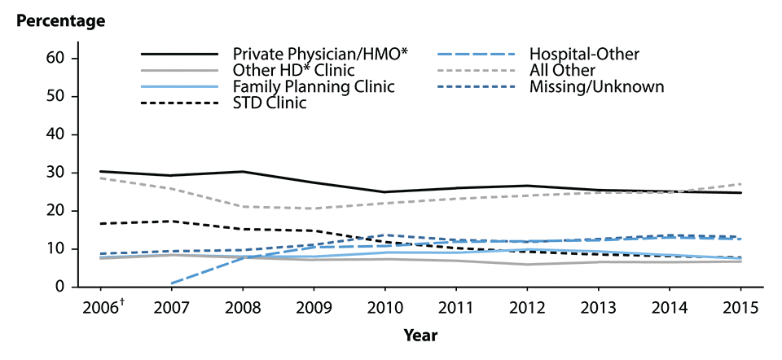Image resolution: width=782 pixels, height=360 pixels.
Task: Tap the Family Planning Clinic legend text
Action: pyautogui.click(x=313, y=86)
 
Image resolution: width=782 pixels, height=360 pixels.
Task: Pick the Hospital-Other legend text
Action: pyautogui.click(x=584, y=55)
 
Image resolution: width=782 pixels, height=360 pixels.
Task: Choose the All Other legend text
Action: pyautogui.click(x=561, y=70)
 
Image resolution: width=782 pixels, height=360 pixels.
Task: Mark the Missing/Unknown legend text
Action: pyautogui.click(x=596, y=86)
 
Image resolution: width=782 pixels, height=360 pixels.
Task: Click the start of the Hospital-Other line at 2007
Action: pyautogui.click(x=172, y=283)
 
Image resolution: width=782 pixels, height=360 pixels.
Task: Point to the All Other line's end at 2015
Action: pyautogui.click(x=740, y=184)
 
